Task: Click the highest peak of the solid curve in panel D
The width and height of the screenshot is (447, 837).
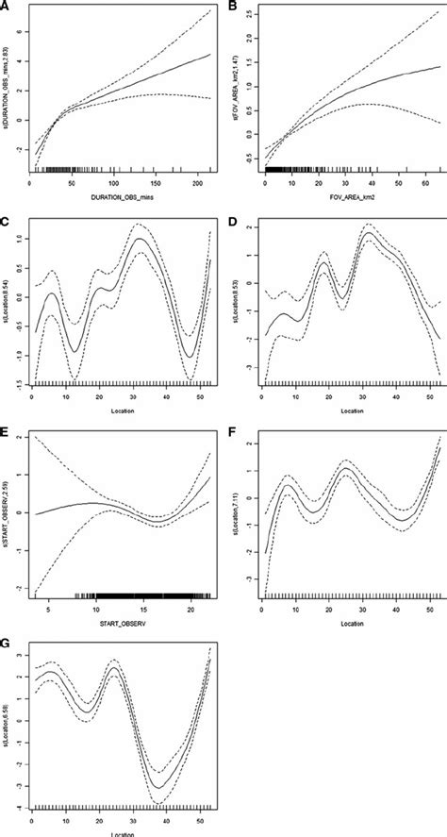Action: pos(366,235)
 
